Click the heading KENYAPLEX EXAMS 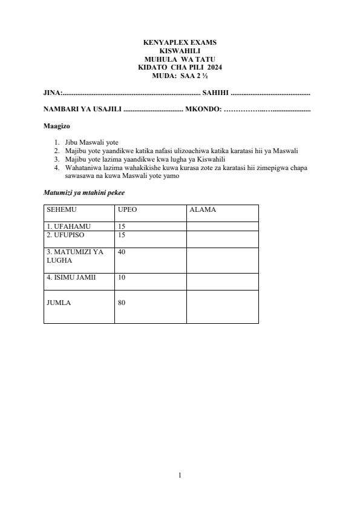(x=180, y=42)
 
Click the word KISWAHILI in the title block (x=180, y=51)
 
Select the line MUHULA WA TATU (x=180, y=59)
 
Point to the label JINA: (x=53, y=93)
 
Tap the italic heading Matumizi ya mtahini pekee (x=84, y=192)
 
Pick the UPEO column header (x=128, y=210)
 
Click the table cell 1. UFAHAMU (x=68, y=226)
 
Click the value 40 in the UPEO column (x=122, y=252)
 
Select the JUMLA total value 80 (x=122, y=303)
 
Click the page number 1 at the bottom (x=180, y=475)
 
